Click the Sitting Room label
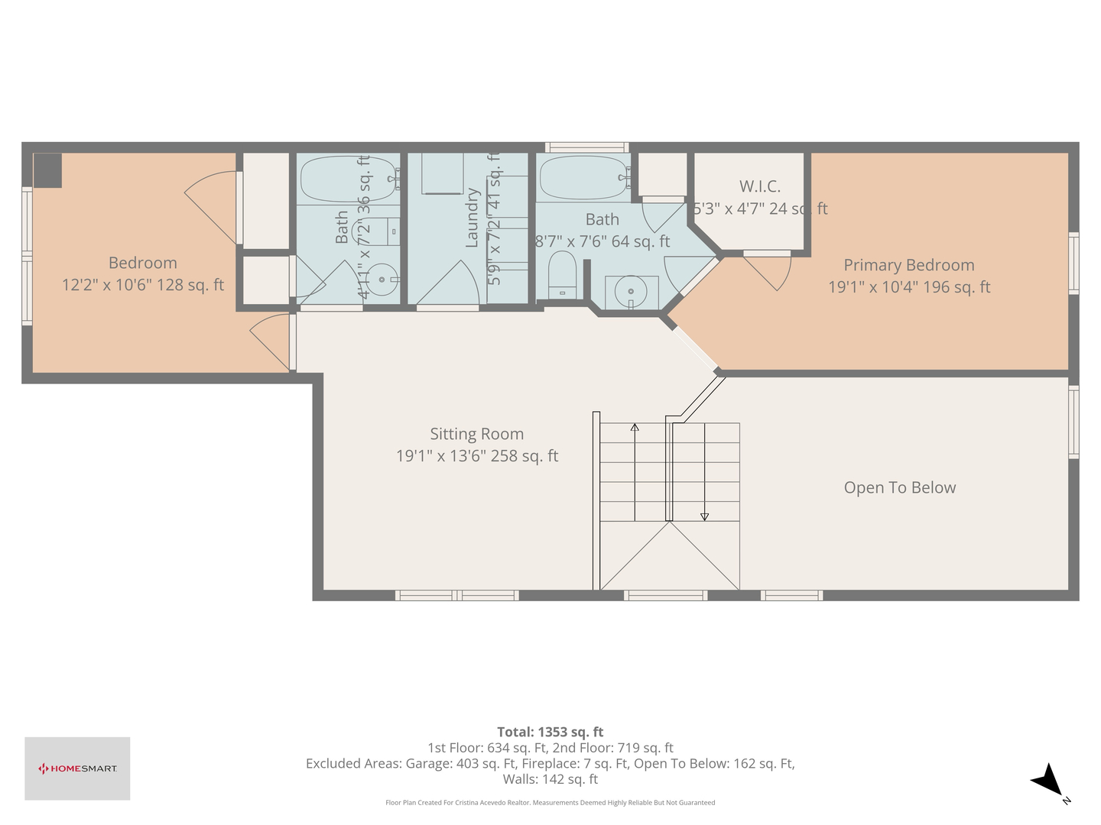[x=476, y=434]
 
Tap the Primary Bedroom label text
[x=908, y=265]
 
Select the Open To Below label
[x=899, y=487]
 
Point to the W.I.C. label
[x=759, y=186]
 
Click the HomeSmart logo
[x=77, y=768]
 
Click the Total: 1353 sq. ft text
[x=550, y=732]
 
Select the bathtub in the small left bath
[x=348, y=178]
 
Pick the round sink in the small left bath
[x=382, y=279]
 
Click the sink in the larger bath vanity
[x=631, y=291]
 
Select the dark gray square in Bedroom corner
[x=47, y=170]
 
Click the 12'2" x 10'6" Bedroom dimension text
[x=143, y=285]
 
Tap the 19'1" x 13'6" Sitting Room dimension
[x=476, y=456]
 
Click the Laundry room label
[x=472, y=218]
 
